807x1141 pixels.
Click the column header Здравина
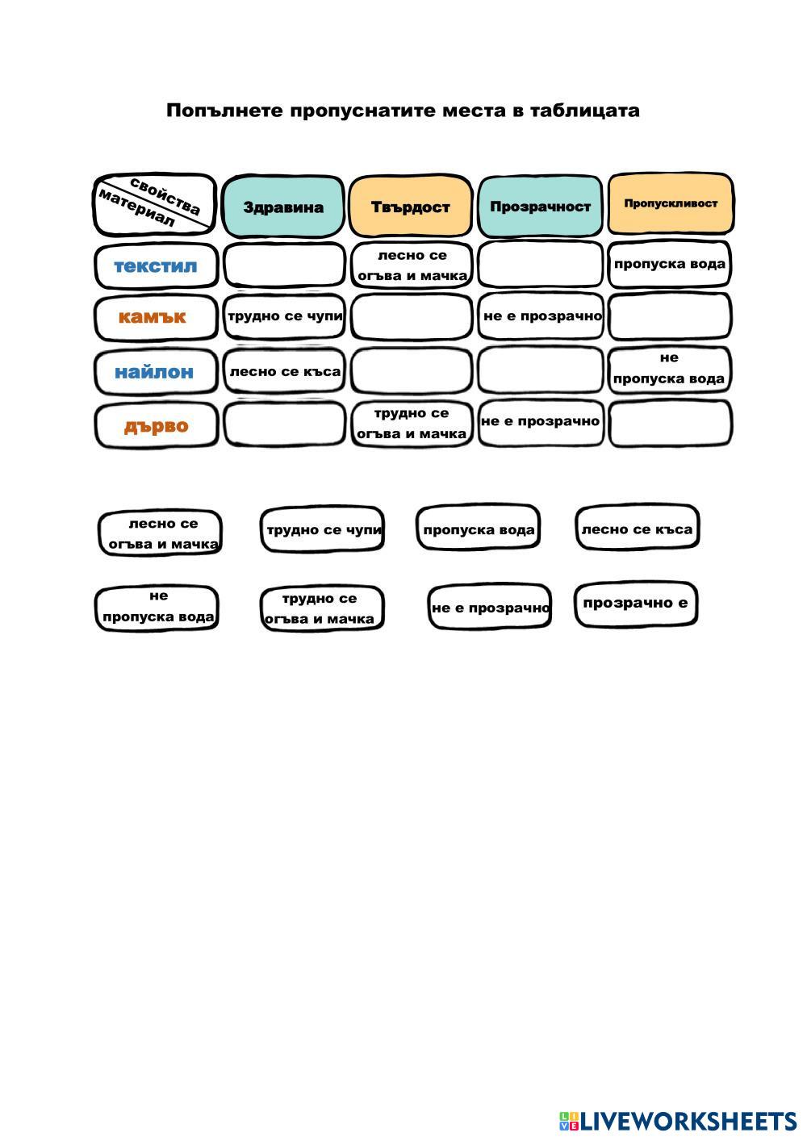coord(283,207)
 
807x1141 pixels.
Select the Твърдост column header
coord(410,207)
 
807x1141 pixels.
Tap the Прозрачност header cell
coord(540,206)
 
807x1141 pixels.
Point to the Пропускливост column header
coord(670,203)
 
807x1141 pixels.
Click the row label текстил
coord(156,265)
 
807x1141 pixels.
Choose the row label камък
coord(153,316)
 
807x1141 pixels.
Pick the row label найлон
coord(154,372)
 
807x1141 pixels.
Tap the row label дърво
coord(156,425)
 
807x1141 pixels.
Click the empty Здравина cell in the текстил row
coord(284,265)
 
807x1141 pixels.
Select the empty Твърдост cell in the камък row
coord(411,316)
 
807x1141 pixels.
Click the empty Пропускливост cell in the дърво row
coord(670,424)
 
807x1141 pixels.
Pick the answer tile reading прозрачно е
coord(635,603)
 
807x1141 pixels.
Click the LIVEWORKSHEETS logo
coord(678,1121)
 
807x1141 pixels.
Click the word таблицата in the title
coord(585,111)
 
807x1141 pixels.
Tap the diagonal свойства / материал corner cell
coord(155,205)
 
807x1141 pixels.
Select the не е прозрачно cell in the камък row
coord(541,316)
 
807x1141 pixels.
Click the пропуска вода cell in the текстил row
coord(670,264)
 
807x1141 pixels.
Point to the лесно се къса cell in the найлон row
coord(285,371)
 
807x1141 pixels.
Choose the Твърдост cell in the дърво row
coord(411,423)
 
